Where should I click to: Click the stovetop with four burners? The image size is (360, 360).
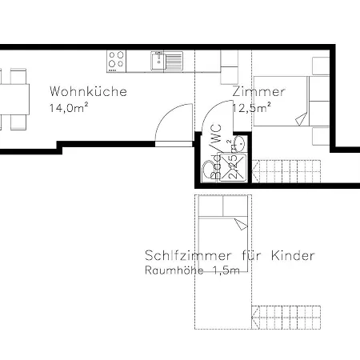tap(117, 60)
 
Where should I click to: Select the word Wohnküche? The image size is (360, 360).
tap(87, 91)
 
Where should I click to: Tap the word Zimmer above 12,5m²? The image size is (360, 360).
tap(258, 91)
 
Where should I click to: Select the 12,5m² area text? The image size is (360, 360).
tap(251, 106)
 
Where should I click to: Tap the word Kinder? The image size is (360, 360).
tap(293, 256)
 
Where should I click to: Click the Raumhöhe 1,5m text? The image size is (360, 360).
tap(193, 270)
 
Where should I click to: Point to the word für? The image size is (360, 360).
tap(252, 256)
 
